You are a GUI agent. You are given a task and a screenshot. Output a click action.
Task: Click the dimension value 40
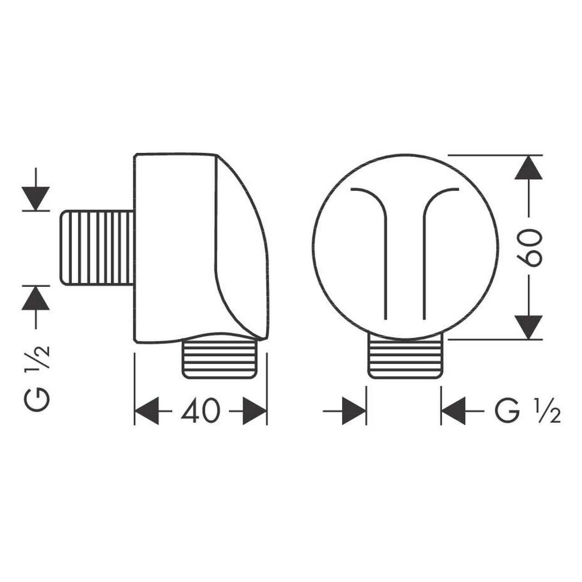pos(201,411)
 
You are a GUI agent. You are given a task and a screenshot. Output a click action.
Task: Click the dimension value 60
pos(528,248)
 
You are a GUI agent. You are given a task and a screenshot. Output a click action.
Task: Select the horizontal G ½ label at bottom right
pos(527,411)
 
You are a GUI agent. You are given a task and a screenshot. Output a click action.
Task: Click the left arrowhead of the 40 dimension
pos(147,411)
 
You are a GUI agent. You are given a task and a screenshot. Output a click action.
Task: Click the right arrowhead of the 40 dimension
pos(255,411)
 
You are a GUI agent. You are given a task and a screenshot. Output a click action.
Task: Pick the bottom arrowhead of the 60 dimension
pos(528,327)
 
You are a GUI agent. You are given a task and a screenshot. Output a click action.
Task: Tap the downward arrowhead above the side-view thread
pos(35,198)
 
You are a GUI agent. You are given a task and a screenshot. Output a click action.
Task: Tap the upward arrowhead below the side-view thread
pos(35,298)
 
